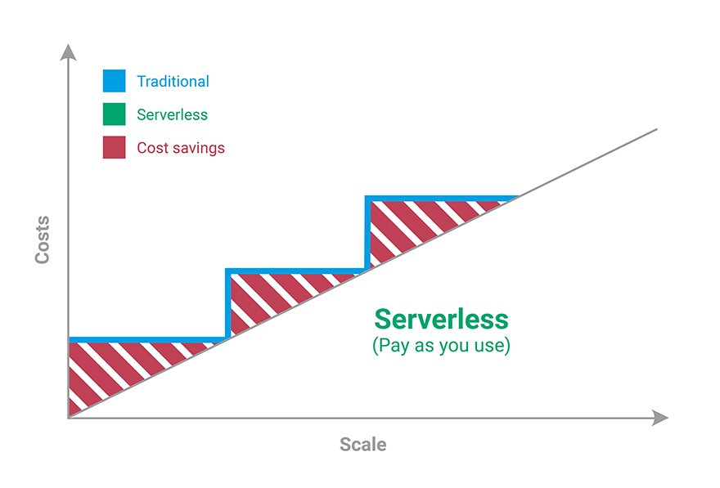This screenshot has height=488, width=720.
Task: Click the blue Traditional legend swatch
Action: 114,81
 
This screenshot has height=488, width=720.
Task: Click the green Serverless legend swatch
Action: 114,114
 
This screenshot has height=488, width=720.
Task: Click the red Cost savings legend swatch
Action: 114,147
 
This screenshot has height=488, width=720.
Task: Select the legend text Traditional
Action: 173,81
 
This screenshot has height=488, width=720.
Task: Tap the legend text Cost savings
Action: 181,148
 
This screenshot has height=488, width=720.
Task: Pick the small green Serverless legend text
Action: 172,114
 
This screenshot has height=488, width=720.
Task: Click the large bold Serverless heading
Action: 441,320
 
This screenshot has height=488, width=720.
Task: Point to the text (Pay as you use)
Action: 441,346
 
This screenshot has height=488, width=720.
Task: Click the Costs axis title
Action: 43,240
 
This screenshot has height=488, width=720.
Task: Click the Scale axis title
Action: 362,445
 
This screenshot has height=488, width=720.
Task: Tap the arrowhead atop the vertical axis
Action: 69,53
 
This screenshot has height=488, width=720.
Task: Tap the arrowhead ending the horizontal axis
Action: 659,418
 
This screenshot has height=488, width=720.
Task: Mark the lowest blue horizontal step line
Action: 148,340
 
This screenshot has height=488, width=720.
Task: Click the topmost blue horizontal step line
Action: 442,199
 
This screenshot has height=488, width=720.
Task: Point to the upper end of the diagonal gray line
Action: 657,129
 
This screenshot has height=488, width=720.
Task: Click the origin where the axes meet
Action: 69,418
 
